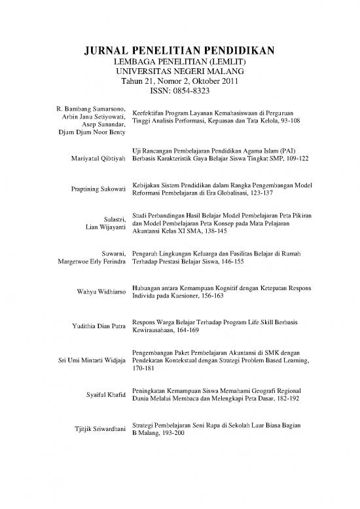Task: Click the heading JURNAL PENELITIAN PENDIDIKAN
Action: click(x=180, y=51)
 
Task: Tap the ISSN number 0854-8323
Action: click(x=194, y=92)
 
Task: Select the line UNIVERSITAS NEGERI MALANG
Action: click(x=180, y=71)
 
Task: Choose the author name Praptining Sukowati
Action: click(x=98, y=189)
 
